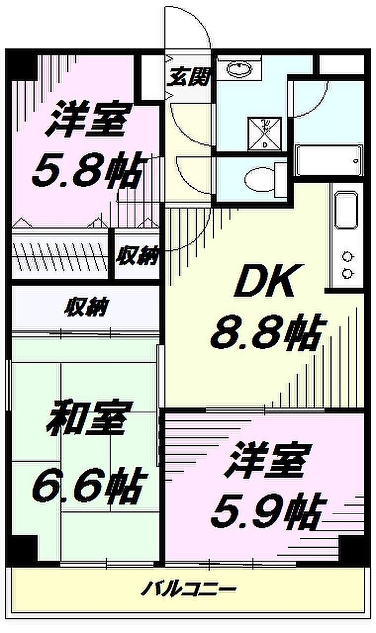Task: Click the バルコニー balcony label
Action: point(189,590)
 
